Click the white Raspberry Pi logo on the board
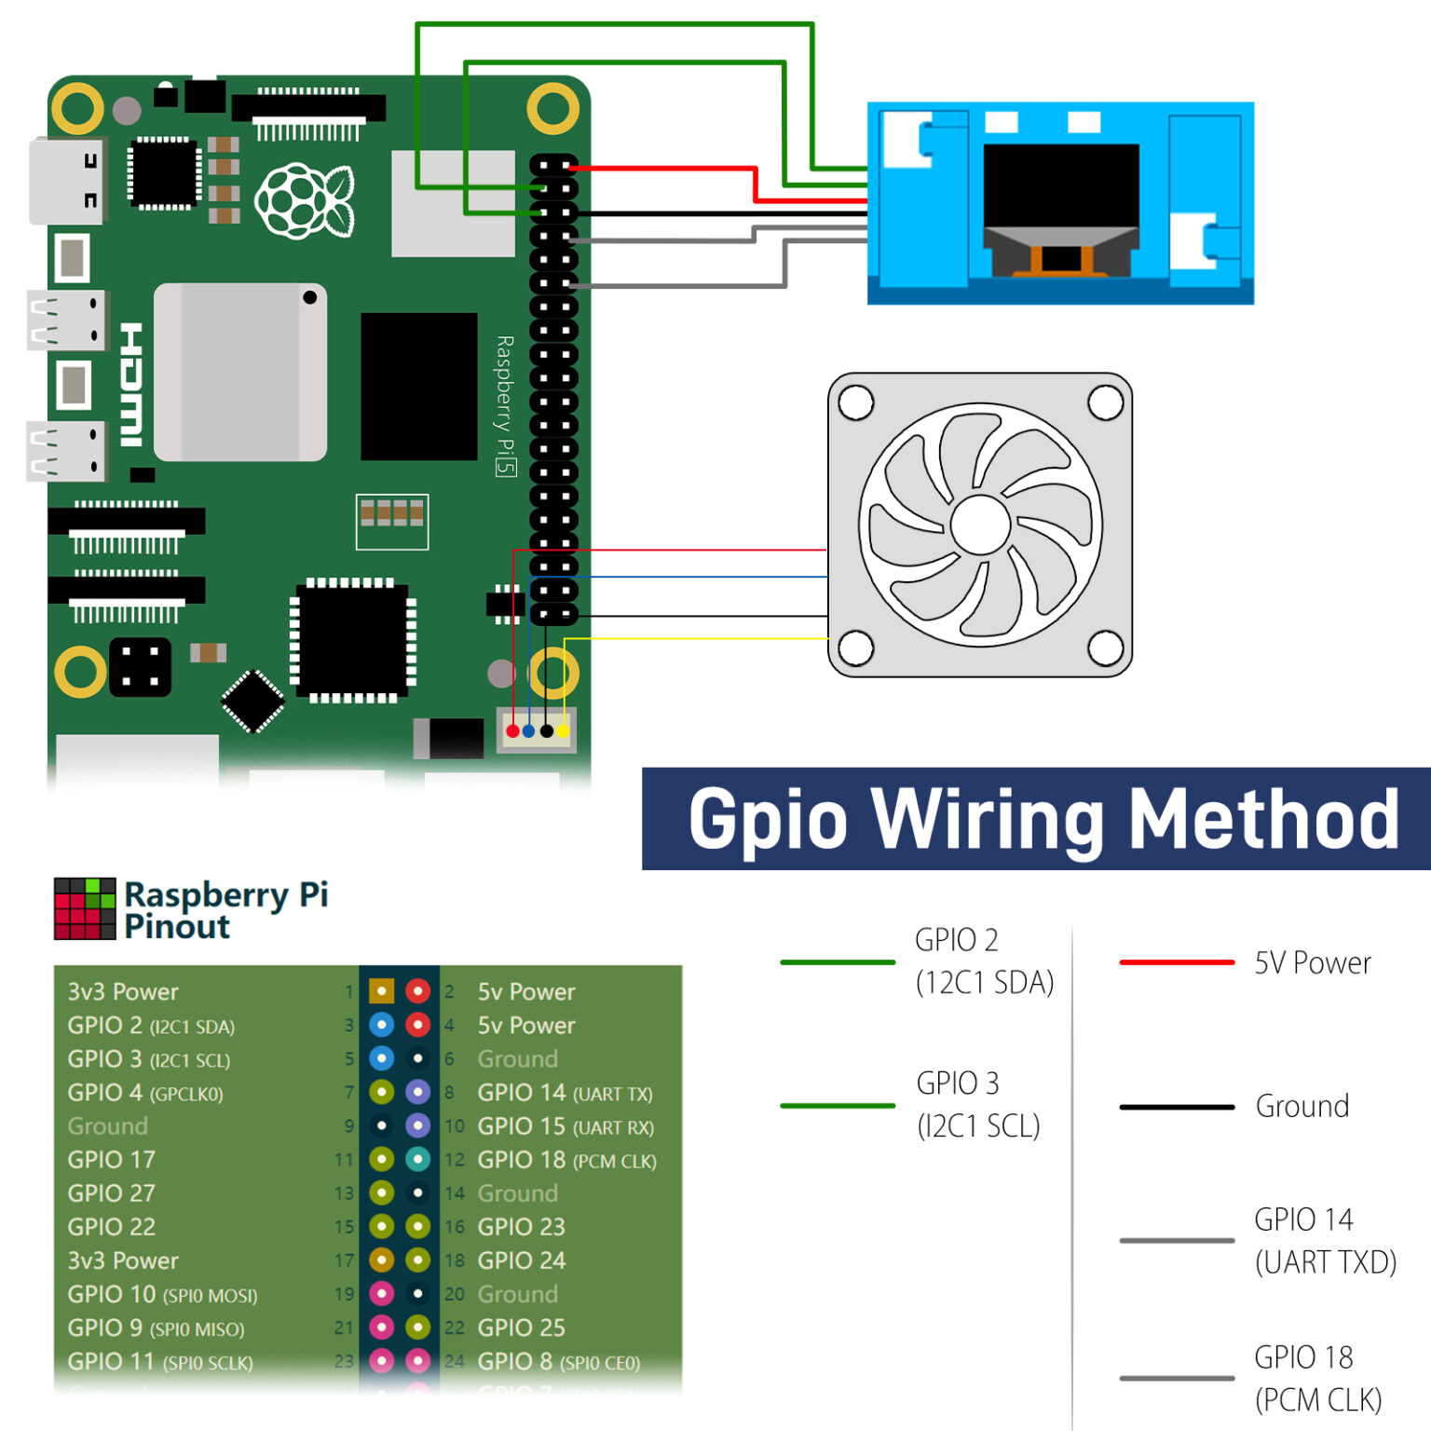[x=304, y=200]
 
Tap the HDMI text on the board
[x=131, y=385]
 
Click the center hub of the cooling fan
[x=980, y=525]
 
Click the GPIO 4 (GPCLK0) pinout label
[x=145, y=1093]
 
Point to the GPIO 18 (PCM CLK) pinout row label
[x=566, y=1160]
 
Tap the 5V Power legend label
[x=1312, y=962]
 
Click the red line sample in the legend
[x=1177, y=962]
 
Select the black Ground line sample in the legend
[x=1177, y=1107]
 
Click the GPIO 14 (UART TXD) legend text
[x=1325, y=1240]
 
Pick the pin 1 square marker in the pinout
[x=381, y=991]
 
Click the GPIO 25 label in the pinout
[x=521, y=1328]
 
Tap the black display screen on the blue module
[x=1061, y=185]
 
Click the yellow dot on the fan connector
[x=563, y=731]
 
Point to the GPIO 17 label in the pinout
[x=111, y=1160]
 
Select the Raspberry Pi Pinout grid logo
[x=85, y=908]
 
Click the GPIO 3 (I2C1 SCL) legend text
[x=977, y=1104]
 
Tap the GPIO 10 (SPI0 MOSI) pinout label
[x=162, y=1294]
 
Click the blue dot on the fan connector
[x=529, y=731]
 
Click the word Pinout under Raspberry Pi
[x=177, y=927]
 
